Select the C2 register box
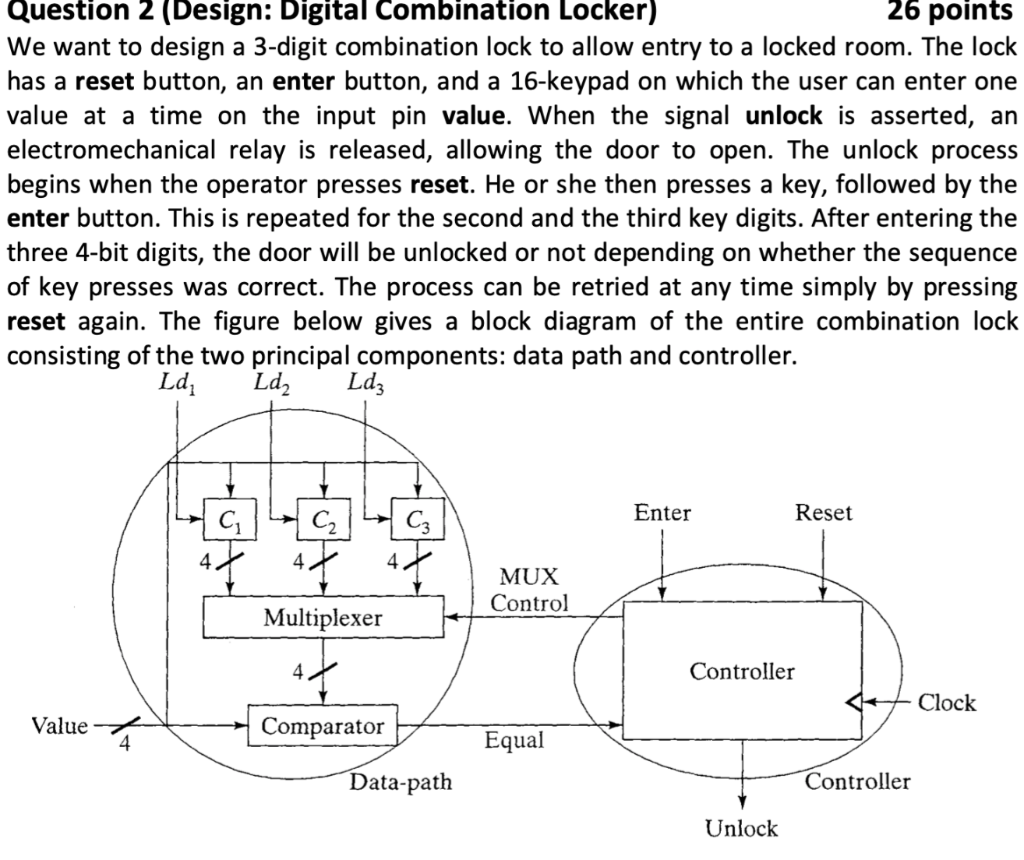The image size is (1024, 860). [321, 517]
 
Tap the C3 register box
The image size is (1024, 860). [416, 517]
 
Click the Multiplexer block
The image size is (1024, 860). [323, 617]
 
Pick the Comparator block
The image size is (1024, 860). [323, 725]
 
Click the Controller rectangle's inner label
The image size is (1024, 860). [742, 671]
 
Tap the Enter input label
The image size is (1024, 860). [662, 513]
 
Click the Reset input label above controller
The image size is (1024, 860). [823, 513]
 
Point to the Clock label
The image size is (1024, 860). [946, 703]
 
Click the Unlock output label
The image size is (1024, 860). [741, 828]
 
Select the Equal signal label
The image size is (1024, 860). [514, 741]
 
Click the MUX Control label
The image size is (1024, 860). [529, 590]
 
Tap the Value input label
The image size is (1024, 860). [60, 725]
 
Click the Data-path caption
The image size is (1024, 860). [400, 782]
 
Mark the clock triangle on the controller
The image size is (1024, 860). [853, 703]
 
